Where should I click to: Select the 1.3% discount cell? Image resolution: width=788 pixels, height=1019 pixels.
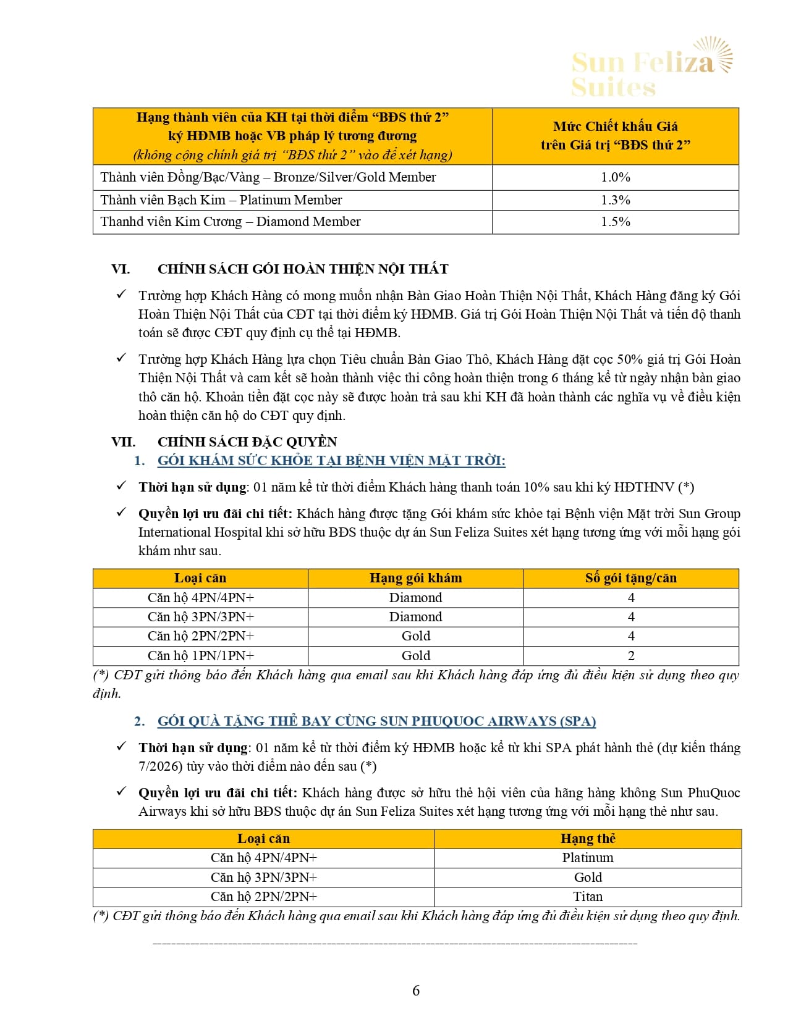(615, 200)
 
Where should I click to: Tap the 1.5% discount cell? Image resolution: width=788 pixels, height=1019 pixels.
(615, 222)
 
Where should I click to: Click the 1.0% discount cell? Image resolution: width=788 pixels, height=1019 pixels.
(615, 177)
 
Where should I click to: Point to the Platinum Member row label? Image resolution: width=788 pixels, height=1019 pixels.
(221, 200)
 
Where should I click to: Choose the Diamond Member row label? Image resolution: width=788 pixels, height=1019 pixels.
(230, 222)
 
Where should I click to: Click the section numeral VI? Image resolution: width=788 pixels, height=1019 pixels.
(121, 269)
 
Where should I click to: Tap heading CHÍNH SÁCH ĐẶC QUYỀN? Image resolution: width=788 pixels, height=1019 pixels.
(247, 442)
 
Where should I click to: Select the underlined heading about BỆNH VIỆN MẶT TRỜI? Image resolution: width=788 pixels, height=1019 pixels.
(331, 461)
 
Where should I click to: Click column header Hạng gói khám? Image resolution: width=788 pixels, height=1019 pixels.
(415, 578)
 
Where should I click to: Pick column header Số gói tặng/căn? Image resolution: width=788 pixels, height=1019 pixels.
(630, 578)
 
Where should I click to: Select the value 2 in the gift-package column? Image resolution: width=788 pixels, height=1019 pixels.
(631, 656)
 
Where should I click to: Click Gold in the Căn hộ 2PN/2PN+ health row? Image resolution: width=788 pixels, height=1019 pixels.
(415, 636)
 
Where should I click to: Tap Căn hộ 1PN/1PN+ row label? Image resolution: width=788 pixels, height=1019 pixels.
(200, 656)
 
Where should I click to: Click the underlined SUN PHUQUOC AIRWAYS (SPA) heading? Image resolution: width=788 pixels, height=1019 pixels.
(376, 721)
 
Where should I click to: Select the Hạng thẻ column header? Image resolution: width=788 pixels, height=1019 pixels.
(588, 839)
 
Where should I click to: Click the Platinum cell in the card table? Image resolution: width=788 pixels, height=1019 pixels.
(588, 858)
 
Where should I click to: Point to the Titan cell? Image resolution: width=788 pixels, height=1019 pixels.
(588, 897)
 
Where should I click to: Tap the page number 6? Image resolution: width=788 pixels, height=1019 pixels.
(416, 991)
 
